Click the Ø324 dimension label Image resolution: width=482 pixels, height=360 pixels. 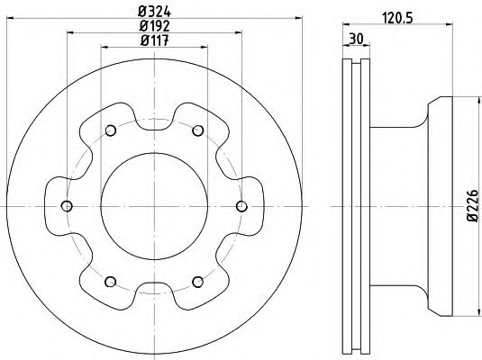click(x=154, y=12)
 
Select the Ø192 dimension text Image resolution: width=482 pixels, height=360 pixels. click(x=154, y=26)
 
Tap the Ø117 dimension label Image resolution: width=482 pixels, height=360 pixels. click(x=154, y=40)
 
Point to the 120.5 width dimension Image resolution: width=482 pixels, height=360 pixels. click(x=397, y=18)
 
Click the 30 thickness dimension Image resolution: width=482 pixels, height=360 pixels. click(x=356, y=39)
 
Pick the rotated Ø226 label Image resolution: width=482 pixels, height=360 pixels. click(x=473, y=205)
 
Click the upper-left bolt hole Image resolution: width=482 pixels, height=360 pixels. click(x=111, y=130)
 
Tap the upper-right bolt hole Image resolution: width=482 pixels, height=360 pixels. click(x=198, y=130)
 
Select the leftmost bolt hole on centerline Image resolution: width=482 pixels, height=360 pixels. click(x=67, y=206)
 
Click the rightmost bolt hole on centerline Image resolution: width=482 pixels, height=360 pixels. click(x=241, y=206)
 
